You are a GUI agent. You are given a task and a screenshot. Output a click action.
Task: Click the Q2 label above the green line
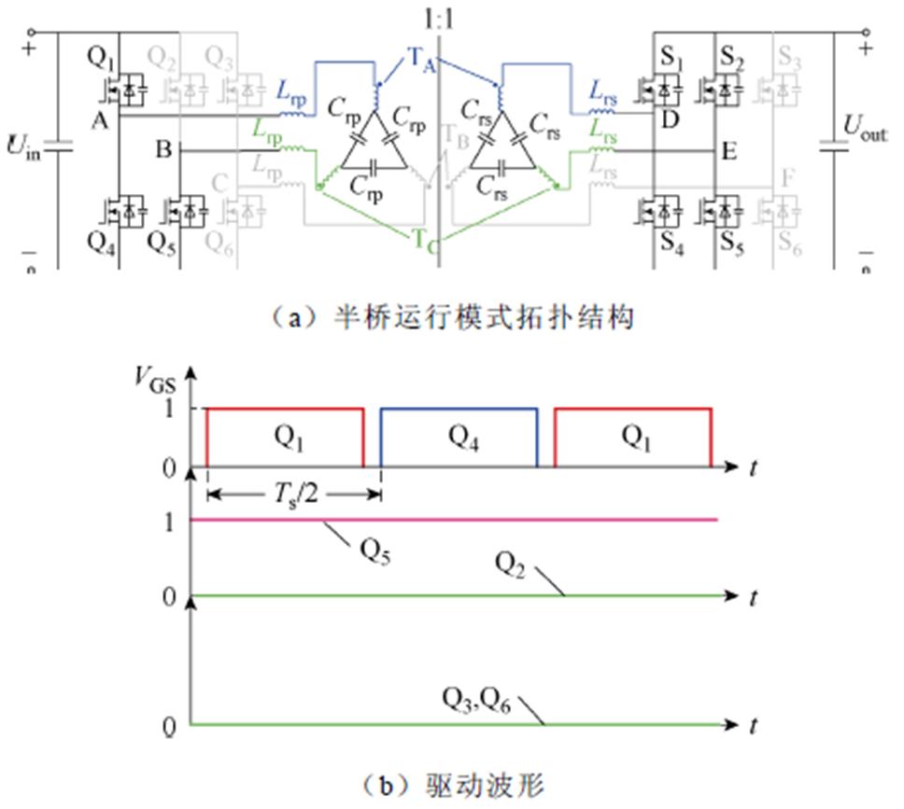point(514,566)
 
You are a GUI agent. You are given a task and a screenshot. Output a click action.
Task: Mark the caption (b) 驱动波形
point(452,785)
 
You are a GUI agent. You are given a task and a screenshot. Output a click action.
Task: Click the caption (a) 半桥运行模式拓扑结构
point(451,318)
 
